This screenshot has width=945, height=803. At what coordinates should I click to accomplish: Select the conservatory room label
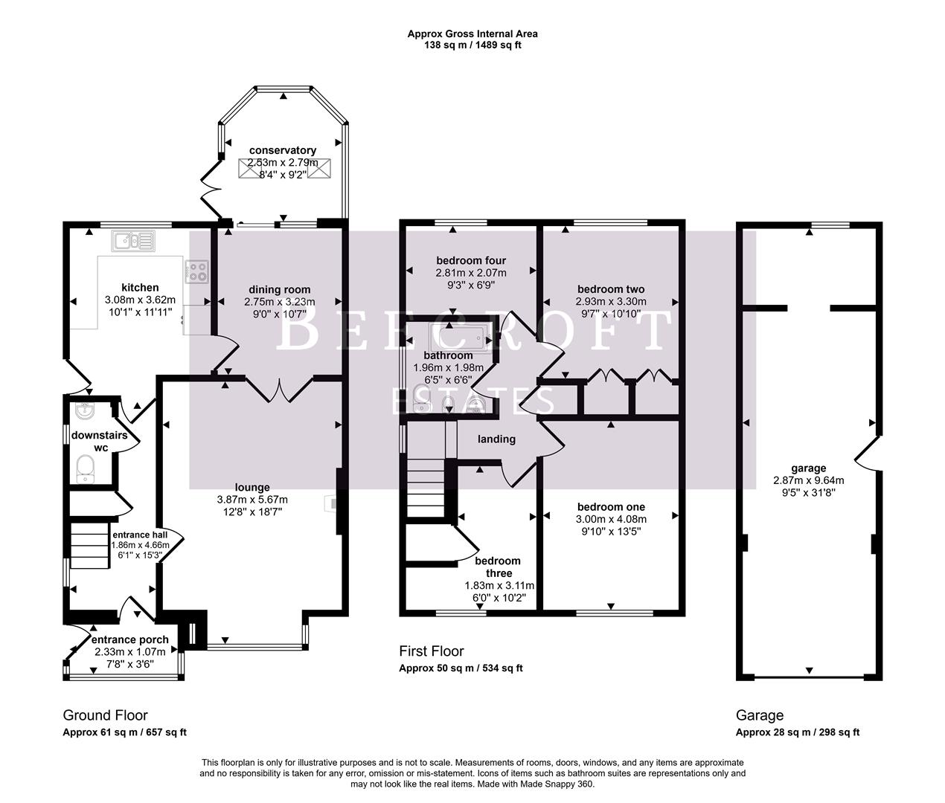tap(283, 150)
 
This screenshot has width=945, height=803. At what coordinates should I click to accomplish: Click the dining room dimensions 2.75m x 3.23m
tap(280, 302)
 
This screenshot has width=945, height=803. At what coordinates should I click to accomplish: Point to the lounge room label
tap(252, 487)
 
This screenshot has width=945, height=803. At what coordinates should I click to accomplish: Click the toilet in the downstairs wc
tap(86, 469)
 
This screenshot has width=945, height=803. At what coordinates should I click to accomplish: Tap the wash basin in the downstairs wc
tap(83, 410)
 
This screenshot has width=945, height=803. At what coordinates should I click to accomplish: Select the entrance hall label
tap(140, 534)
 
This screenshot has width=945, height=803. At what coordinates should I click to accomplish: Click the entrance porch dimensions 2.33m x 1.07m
tap(130, 651)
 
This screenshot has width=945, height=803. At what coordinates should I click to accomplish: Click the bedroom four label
tap(471, 260)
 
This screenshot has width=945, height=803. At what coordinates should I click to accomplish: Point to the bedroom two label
tap(611, 288)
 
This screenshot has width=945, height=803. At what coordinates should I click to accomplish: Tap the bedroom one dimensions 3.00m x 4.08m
tap(611, 519)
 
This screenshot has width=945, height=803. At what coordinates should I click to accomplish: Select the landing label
tap(496, 439)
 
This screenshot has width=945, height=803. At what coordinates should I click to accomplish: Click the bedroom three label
tap(498, 567)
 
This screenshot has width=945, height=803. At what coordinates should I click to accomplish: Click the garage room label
tap(808, 468)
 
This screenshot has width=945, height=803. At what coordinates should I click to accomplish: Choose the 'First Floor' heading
tap(432, 651)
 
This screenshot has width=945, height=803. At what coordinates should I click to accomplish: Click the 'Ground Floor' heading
tap(105, 715)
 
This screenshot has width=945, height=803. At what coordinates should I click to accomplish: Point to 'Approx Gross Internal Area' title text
tap(472, 33)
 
